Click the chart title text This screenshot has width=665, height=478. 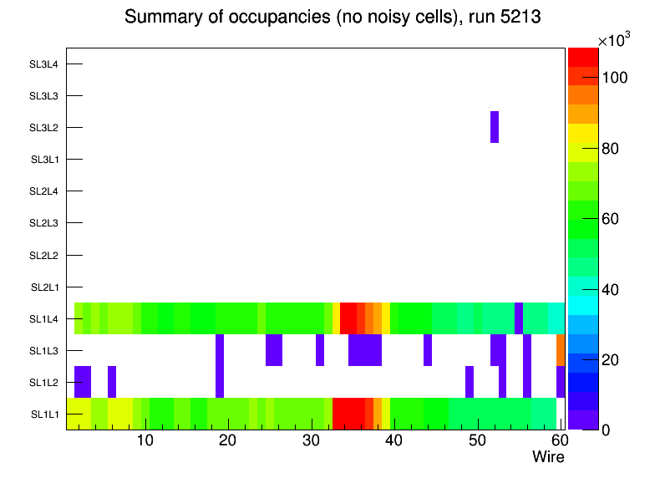click(x=332, y=18)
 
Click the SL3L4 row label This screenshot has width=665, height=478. click(x=44, y=64)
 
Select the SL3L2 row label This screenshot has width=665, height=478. click(x=44, y=128)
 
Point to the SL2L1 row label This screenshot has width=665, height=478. click(x=44, y=287)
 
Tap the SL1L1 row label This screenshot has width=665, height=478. click(x=44, y=414)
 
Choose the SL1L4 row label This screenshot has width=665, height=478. click(x=44, y=319)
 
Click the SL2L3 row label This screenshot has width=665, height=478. click(x=44, y=223)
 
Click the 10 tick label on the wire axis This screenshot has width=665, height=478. click(x=145, y=441)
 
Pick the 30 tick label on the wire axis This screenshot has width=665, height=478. click(x=311, y=441)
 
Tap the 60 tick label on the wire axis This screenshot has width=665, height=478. click(x=559, y=441)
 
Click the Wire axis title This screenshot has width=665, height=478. click(x=548, y=457)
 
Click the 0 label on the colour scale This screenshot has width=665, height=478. click(x=605, y=430)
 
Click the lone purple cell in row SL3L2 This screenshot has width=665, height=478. click(x=495, y=127)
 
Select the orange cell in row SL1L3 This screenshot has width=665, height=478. click(x=561, y=350)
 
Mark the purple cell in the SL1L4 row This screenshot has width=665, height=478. click(x=519, y=318)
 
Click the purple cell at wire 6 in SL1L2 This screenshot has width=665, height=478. click(x=112, y=382)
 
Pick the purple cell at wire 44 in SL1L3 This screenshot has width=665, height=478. click(x=428, y=350)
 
